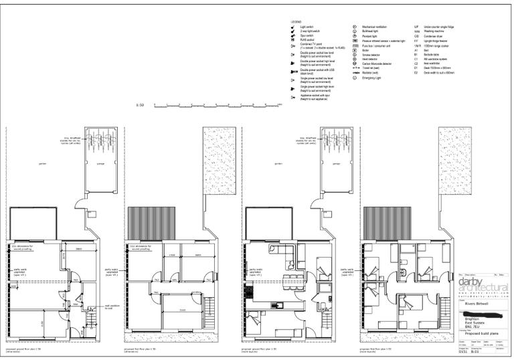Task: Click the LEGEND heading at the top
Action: (x=296, y=22)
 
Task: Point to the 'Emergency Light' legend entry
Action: (x=371, y=78)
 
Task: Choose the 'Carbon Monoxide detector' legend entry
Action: (x=377, y=63)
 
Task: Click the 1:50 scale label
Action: (x=140, y=105)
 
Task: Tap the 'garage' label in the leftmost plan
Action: (x=101, y=163)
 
